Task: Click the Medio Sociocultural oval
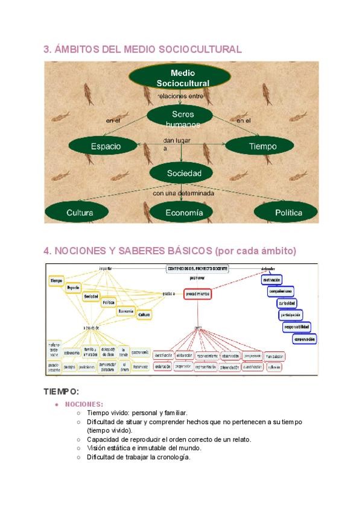180,77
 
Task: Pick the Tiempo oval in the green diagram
262,146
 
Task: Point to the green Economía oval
184,213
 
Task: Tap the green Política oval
288,213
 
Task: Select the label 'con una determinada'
183,193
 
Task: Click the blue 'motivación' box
271,280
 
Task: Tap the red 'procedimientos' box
197,293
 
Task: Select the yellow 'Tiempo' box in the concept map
56,281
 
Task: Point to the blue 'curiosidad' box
287,303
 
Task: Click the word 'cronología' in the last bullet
173,457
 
